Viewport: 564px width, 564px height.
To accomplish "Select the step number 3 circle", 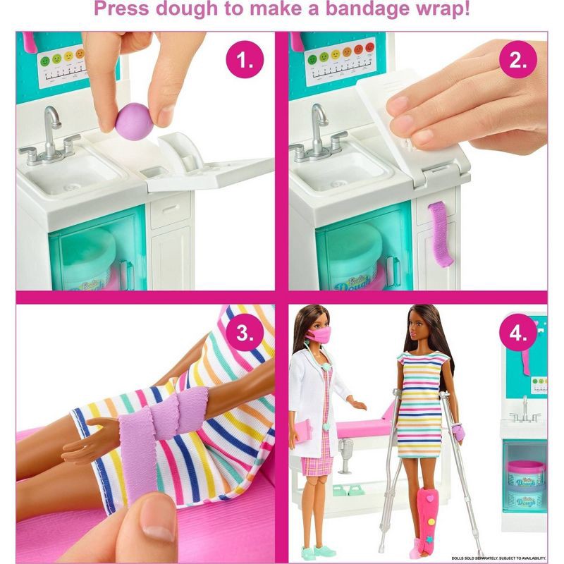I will tap(244, 333).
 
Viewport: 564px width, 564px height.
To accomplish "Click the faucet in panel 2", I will tap(319, 130).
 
